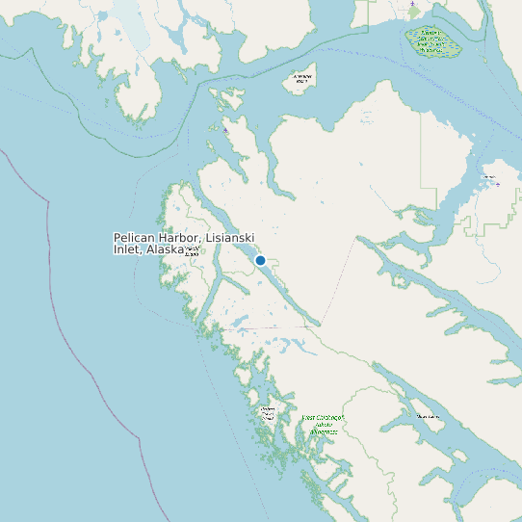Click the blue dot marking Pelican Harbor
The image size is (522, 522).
pos(260,260)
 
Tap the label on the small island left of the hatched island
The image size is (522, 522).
pos(301,78)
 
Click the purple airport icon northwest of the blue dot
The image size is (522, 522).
pos(225,130)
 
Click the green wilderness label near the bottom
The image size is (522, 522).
pos(323,425)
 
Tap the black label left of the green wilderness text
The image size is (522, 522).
pos(268,413)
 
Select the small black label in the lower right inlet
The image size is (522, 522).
pos(428,416)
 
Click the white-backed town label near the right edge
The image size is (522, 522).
pos(488,177)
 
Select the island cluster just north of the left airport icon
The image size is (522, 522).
pos(227,100)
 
